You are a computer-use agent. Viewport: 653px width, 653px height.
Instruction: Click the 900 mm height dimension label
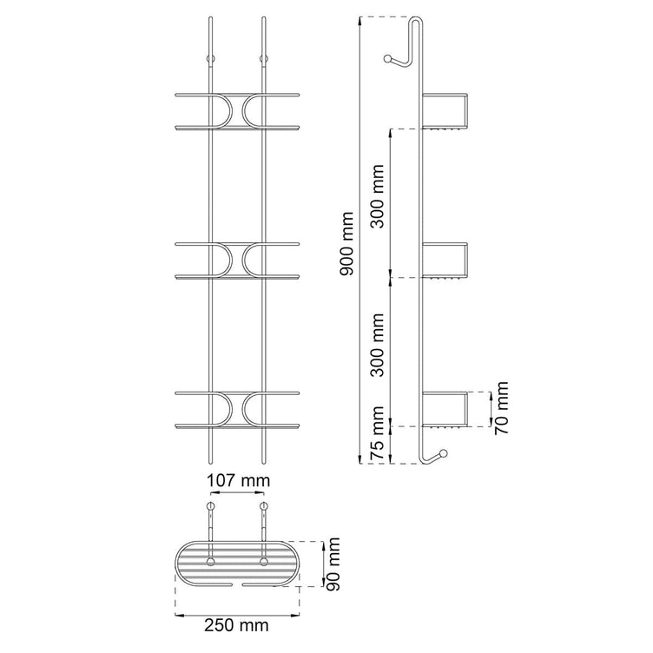(x=346, y=244)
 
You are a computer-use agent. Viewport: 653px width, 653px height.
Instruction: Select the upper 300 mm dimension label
(x=378, y=196)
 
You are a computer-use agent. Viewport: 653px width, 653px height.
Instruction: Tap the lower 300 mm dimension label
(x=378, y=346)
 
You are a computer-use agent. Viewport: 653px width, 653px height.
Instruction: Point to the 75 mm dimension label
(x=378, y=432)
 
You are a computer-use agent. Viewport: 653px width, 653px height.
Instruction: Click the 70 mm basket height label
(x=501, y=408)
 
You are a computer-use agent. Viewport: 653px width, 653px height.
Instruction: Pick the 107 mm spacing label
(x=239, y=480)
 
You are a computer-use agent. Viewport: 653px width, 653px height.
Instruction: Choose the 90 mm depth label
(x=333, y=564)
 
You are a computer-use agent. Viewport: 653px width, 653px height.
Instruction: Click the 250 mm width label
(x=236, y=625)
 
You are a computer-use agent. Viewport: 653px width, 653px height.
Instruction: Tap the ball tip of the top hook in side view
(x=387, y=58)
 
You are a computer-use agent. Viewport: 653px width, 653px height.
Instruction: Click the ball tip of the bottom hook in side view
(x=443, y=453)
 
